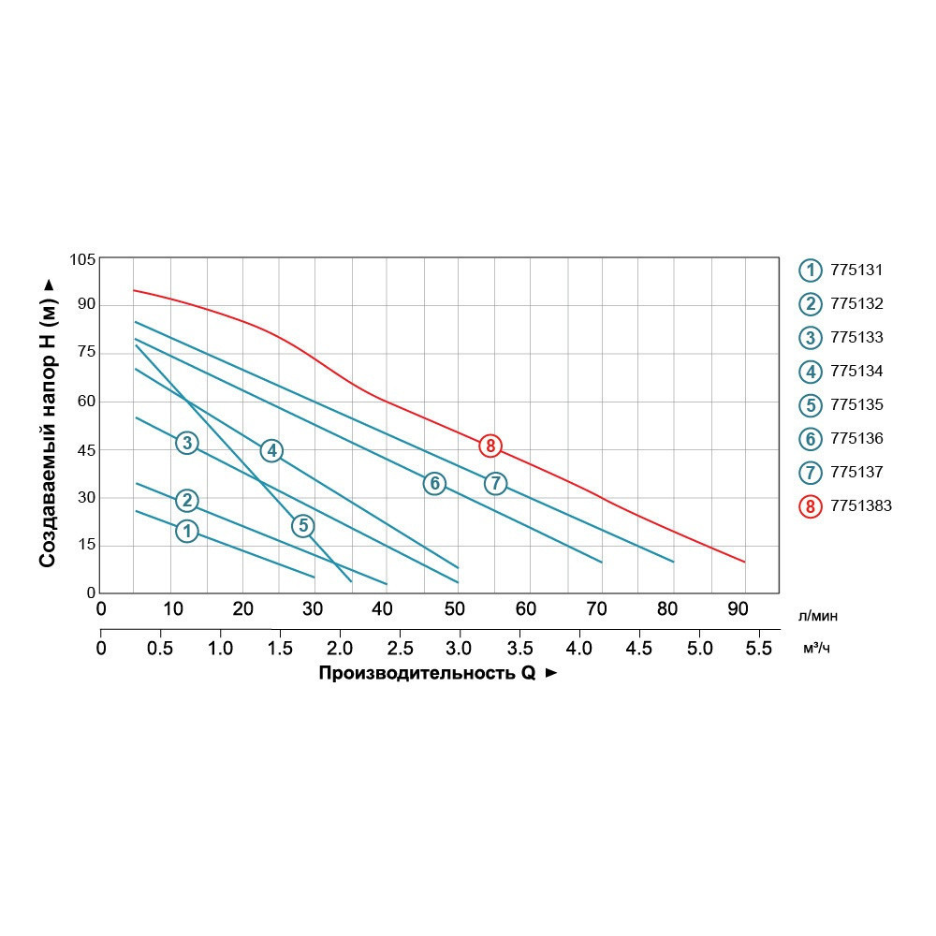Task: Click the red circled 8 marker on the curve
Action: click(x=490, y=446)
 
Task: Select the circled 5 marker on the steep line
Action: click(x=302, y=525)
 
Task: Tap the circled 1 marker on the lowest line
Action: click(x=187, y=531)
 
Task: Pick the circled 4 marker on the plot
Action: click(x=271, y=450)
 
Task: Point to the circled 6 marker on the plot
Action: click(x=433, y=483)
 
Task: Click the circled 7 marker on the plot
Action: click(x=495, y=483)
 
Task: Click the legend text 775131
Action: click(x=856, y=271)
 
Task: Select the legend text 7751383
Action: click(x=861, y=506)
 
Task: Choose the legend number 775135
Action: click(x=856, y=405)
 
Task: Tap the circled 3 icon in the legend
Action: click(x=810, y=338)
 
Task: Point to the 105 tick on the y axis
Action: click(x=83, y=258)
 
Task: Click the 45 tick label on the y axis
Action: click(x=87, y=449)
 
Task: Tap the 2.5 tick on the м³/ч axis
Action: click(x=402, y=648)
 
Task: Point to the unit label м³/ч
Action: click(x=816, y=649)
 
